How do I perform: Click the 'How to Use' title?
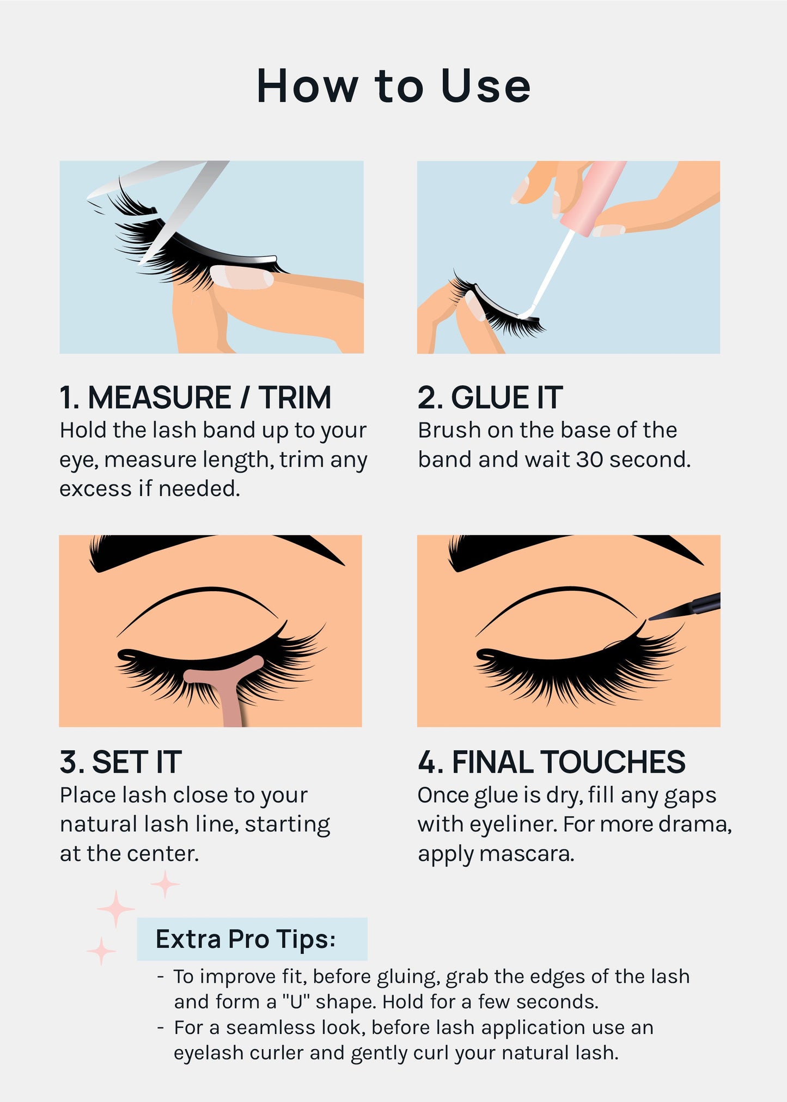393,86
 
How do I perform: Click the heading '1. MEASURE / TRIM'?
195,397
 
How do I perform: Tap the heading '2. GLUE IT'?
490,397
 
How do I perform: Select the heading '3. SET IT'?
120,762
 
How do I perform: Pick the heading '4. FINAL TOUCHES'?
551,762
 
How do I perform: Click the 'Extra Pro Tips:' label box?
252,939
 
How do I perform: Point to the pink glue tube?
594,196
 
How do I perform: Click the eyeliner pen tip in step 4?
662,615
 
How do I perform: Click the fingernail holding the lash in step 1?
242,278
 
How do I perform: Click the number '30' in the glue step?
590,460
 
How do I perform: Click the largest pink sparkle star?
115,909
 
